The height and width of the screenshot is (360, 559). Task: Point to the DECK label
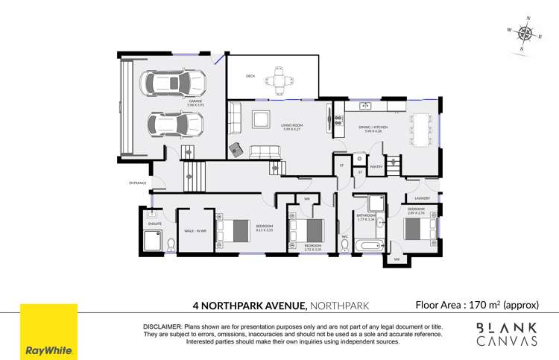250,76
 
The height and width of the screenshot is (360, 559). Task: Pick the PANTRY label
376,167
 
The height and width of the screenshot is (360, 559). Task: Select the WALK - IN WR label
195,231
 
